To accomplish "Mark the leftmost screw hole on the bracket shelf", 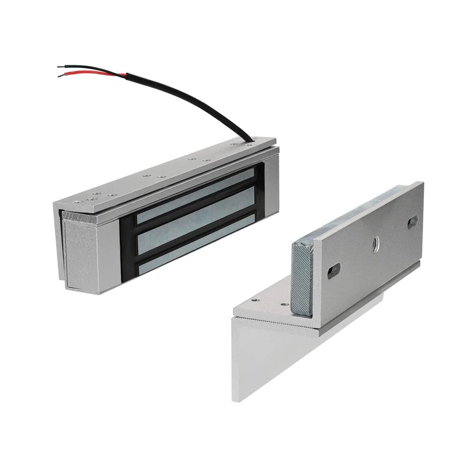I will (x=256, y=301).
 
